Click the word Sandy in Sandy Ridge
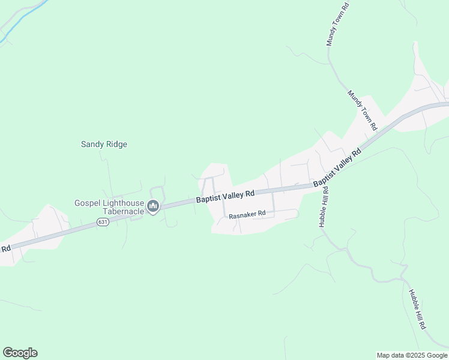[92, 145]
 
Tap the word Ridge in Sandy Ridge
[116, 145]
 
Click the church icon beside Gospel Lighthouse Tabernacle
[153, 208]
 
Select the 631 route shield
[103, 223]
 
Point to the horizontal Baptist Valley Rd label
[225, 194]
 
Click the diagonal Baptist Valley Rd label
[337, 166]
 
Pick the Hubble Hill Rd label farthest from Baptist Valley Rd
[417, 309]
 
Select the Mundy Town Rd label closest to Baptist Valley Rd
[363, 110]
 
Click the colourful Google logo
[20, 353]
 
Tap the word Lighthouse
[122, 203]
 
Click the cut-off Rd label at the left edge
[5, 248]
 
